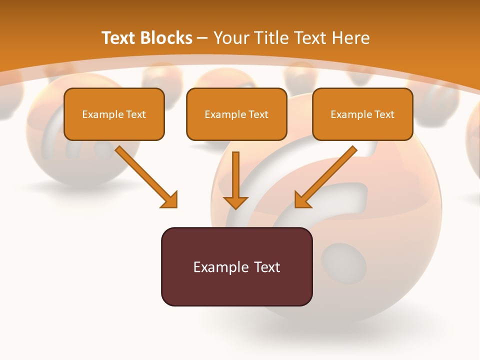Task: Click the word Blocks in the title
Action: [x=166, y=38]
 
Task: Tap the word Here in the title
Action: [x=351, y=38]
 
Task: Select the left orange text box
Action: [x=114, y=114]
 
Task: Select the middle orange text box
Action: [x=236, y=114]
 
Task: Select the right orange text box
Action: [x=362, y=114]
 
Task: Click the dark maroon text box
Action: [x=236, y=266]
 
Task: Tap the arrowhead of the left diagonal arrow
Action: [x=169, y=199]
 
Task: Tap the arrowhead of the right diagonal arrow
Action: [x=302, y=199]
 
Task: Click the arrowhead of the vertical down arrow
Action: [x=235, y=202]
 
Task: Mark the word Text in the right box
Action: [x=384, y=114]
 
